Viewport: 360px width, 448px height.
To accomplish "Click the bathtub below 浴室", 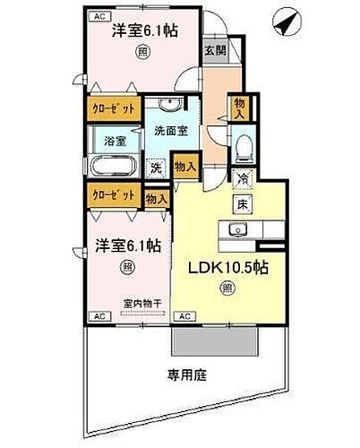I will pos(114,168).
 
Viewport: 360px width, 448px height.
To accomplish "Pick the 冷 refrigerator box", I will pos(242,179).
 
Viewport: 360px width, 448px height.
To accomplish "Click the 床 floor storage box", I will pos(242,205).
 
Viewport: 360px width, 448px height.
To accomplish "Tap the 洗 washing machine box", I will pos(156,167).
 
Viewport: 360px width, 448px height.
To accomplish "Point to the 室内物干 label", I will pos(142,304).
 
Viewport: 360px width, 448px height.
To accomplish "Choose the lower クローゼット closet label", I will pos(113,194).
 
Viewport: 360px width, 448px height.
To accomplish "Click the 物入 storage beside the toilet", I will pos(239,109).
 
